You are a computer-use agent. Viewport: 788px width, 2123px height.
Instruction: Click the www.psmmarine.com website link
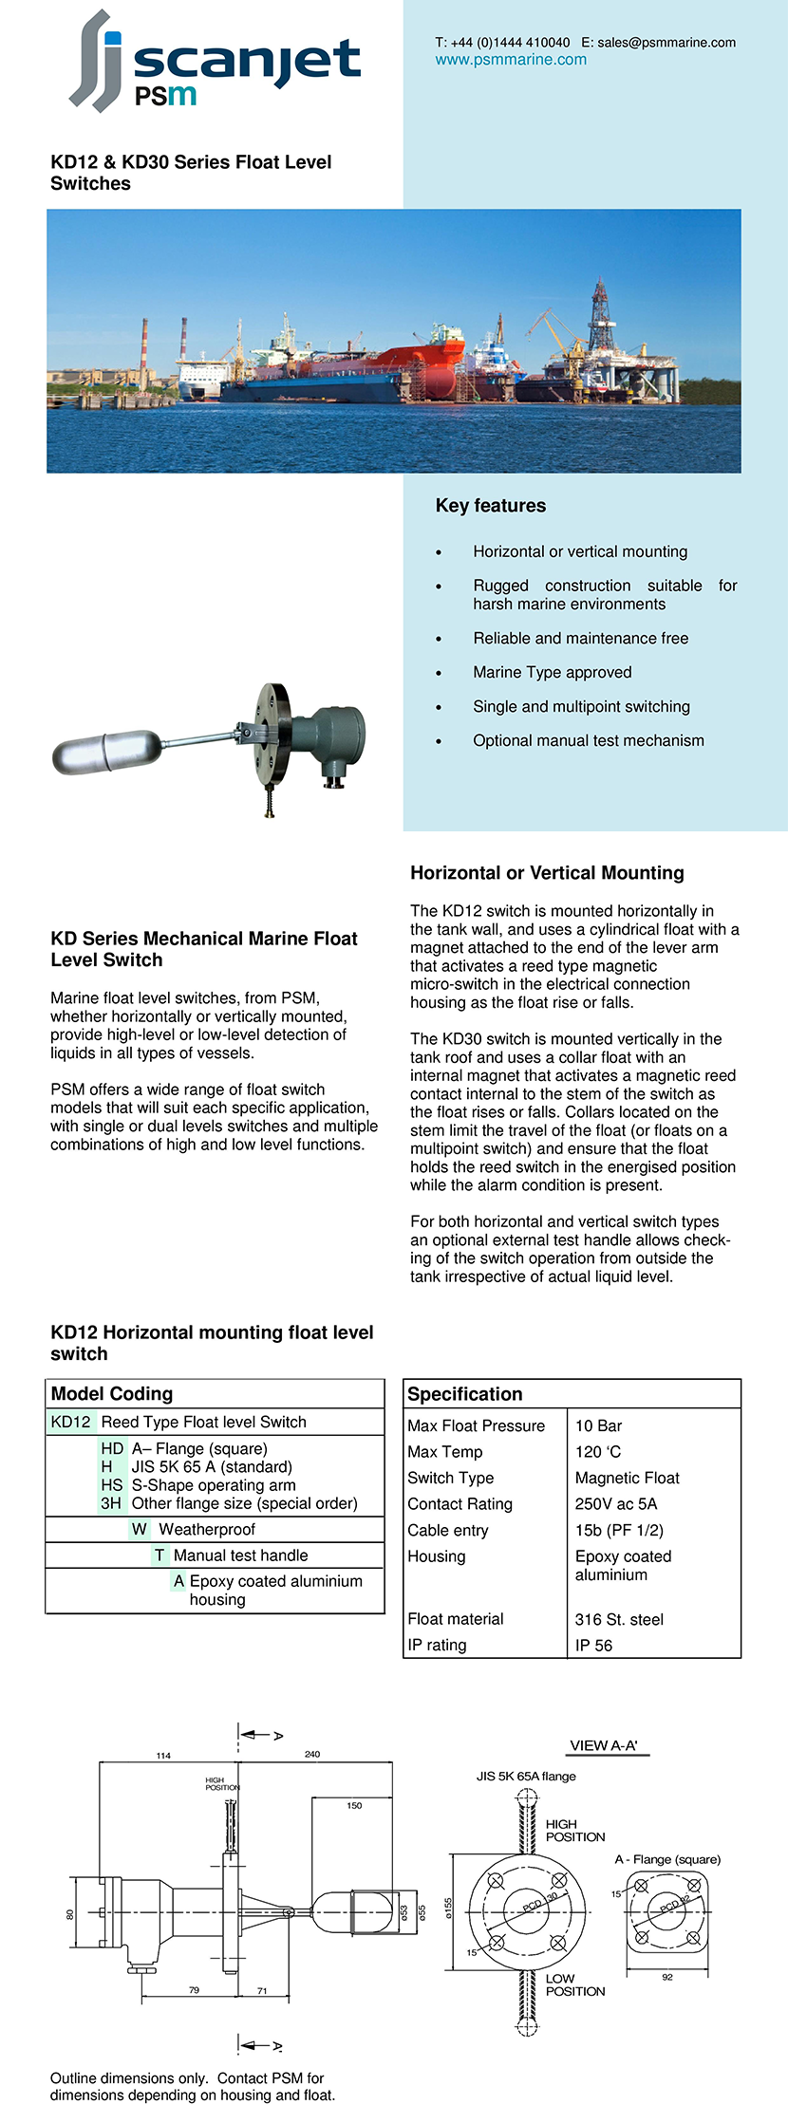click(511, 60)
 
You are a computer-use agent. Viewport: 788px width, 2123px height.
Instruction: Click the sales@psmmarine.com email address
click(666, 43)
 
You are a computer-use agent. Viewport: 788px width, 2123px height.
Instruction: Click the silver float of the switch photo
click(105, 752)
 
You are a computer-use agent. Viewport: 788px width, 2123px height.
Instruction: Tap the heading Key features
click(490, 506)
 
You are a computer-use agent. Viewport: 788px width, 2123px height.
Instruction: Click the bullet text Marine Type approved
click(552, 673)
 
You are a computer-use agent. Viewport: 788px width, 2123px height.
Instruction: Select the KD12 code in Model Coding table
click(71, 1422)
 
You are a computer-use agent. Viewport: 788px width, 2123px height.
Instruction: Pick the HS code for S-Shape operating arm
click(112, 1485)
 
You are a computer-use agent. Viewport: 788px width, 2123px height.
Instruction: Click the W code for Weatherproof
click(140, 1529)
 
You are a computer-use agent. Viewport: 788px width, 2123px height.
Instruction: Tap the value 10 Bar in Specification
click(598, 1425)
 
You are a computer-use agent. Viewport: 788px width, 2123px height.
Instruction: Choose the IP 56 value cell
click(593, 1645)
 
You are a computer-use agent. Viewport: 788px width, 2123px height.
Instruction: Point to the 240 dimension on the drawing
click(312, 1754)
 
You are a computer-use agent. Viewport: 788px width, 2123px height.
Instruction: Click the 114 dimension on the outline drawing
click(163, 1756)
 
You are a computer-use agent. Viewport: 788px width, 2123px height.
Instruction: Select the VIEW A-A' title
click(604, 1745)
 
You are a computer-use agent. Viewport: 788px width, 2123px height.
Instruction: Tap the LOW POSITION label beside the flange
click(574, 1984)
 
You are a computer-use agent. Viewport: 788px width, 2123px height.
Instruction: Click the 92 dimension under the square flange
click(667, 1977)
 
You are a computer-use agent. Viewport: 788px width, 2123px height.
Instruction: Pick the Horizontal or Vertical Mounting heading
click(547, 873)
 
